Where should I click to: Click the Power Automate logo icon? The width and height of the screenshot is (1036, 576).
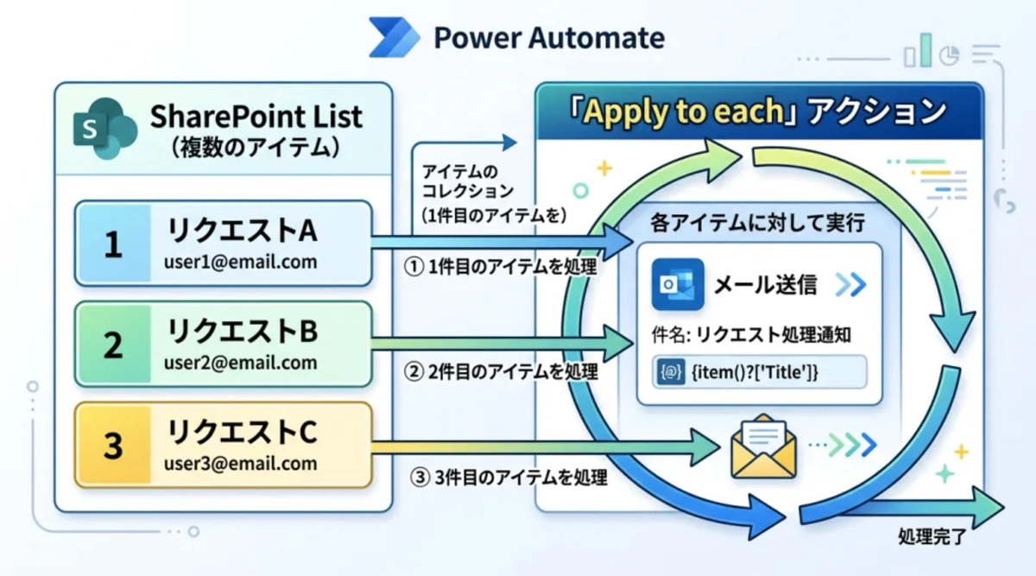coord(394,37)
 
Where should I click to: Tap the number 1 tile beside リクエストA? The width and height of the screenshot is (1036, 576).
coord(113,244)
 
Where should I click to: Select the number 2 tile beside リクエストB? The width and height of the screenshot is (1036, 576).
coord(113,345)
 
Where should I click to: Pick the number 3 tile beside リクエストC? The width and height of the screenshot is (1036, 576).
coord(113,446)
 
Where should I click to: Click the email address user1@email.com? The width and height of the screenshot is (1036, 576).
coord(240,261)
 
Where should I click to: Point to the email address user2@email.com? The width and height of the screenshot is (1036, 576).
coord(240,362)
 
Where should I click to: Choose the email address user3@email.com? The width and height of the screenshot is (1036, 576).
coord(240,463)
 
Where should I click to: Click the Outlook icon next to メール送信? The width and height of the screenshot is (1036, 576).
coord(677,284)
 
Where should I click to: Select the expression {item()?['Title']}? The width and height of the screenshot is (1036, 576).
coord(755,372)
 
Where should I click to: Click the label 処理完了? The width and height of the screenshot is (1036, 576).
coord(932,537)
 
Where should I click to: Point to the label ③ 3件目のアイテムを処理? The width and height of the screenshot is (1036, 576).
coord(509,476)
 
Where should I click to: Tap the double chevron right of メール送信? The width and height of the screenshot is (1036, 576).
coord(850,284)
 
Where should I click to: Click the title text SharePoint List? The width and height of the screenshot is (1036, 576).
coord(256,116)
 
